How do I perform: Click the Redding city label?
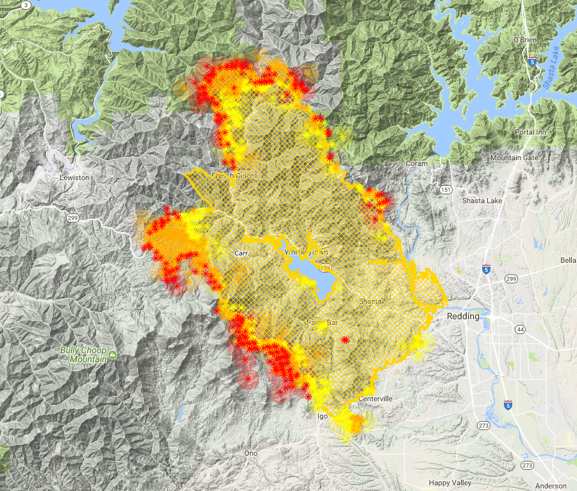click(462, 317)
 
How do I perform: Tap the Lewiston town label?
click(74, 178)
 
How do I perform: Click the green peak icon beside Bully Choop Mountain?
click(112, 354)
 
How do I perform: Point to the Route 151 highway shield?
click(446, 190)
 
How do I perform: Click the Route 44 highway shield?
click(520, 329)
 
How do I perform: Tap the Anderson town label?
click(551, 486)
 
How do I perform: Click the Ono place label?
click(251, 453)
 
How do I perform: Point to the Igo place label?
click(322, 417)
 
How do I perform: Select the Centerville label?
click(375, 399)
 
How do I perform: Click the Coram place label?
click(416, 163)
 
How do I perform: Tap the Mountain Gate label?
click(514, 158)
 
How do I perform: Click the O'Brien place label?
click(524, 40)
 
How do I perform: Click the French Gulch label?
click(233, 176)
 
